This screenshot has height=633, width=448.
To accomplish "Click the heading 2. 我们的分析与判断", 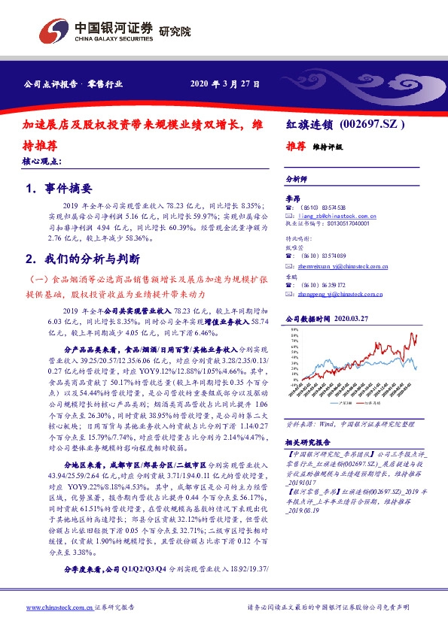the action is coord(82,259).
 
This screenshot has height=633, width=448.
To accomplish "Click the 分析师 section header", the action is coord(297,180).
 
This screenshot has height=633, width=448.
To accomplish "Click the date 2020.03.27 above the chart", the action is coord(372,320).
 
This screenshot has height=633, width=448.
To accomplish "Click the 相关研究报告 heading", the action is coord(310,443).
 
